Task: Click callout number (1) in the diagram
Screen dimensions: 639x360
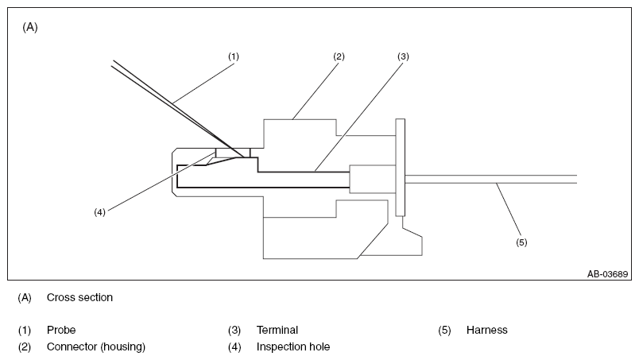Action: point(234,56)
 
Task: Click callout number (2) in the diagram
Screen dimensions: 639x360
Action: point(339,56)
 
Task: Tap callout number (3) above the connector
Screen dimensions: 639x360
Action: point(403,56)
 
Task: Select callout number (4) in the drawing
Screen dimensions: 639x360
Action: point(100,212)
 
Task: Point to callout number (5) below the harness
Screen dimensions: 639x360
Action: point(521,242)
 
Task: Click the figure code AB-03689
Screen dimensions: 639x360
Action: point(608,274)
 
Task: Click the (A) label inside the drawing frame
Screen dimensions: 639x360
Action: point(30,27)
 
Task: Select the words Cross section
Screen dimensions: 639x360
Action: point(79,298)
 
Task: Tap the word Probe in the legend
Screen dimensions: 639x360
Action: point(61,330)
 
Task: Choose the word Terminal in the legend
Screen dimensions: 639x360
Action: point(277,330)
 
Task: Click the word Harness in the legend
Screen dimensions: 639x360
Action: point(487,330)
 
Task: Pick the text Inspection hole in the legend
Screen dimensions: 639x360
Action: point(293,347)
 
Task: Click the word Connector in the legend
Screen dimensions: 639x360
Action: point(72,347)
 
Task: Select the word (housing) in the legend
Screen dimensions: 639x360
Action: point(123,347)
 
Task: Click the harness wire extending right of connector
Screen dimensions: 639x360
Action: point(490,179)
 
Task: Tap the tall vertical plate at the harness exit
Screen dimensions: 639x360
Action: point(401,167)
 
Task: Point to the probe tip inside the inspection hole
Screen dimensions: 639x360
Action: point(245,157)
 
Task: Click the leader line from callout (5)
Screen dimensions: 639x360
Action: point(509,209)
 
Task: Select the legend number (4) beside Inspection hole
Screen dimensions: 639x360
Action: point(234,347)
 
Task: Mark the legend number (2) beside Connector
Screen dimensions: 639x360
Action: point(25,347)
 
